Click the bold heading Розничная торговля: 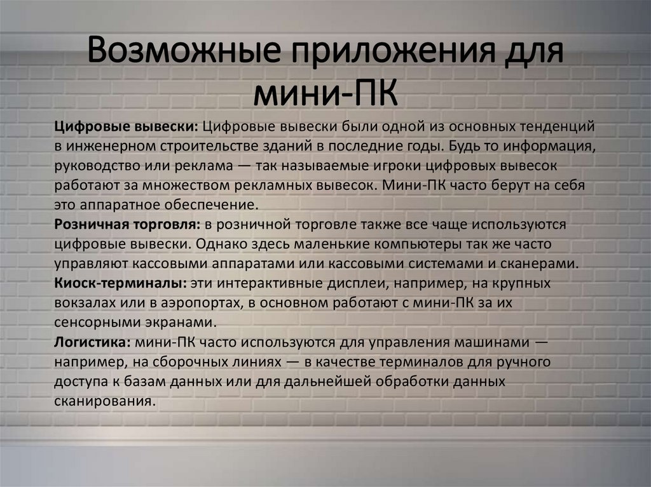click(128, 225)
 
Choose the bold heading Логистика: click(93, 342)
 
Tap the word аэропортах click(204, 303)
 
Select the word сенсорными click(92, 323)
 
